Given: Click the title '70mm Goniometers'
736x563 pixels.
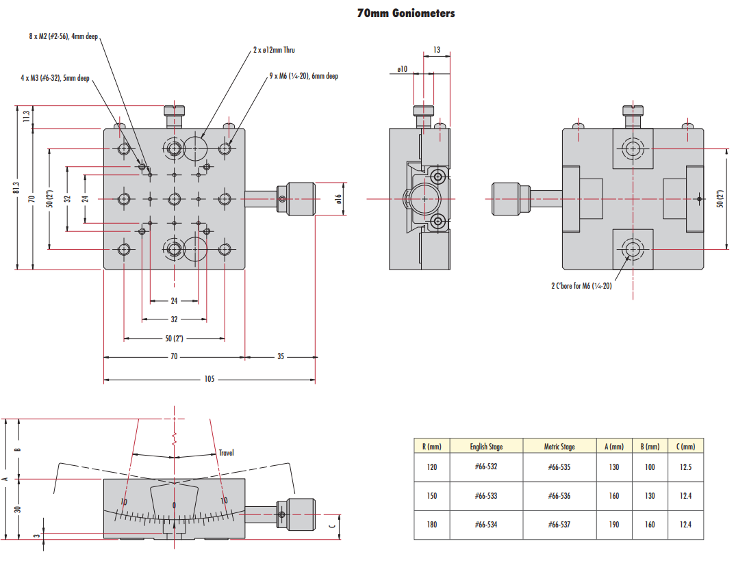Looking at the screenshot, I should [405, 13].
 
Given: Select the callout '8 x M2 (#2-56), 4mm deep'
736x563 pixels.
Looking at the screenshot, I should [64, 36].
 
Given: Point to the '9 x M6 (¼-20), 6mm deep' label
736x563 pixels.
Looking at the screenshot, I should [304, 76].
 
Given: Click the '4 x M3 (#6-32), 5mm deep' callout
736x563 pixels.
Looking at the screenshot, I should [55, 78].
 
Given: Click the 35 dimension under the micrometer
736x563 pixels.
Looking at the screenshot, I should [280, 356].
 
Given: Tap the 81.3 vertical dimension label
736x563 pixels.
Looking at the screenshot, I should [16, 187].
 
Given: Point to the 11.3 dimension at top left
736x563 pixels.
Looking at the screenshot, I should [27, 117].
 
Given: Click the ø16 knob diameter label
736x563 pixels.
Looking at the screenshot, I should [338, 198].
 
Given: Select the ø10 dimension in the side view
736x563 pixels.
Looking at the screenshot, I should [402, 69].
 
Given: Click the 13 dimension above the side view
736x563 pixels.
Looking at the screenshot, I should [437, 50].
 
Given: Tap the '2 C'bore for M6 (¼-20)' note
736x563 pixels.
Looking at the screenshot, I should [581, 286].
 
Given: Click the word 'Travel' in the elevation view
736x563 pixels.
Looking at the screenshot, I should [227, 453].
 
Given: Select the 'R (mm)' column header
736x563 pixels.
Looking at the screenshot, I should [431, 447].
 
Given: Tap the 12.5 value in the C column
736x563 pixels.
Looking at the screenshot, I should [685, 467].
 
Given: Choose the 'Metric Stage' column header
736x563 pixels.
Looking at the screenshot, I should [559, 447].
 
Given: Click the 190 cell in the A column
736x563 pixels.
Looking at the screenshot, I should [614, 525].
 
